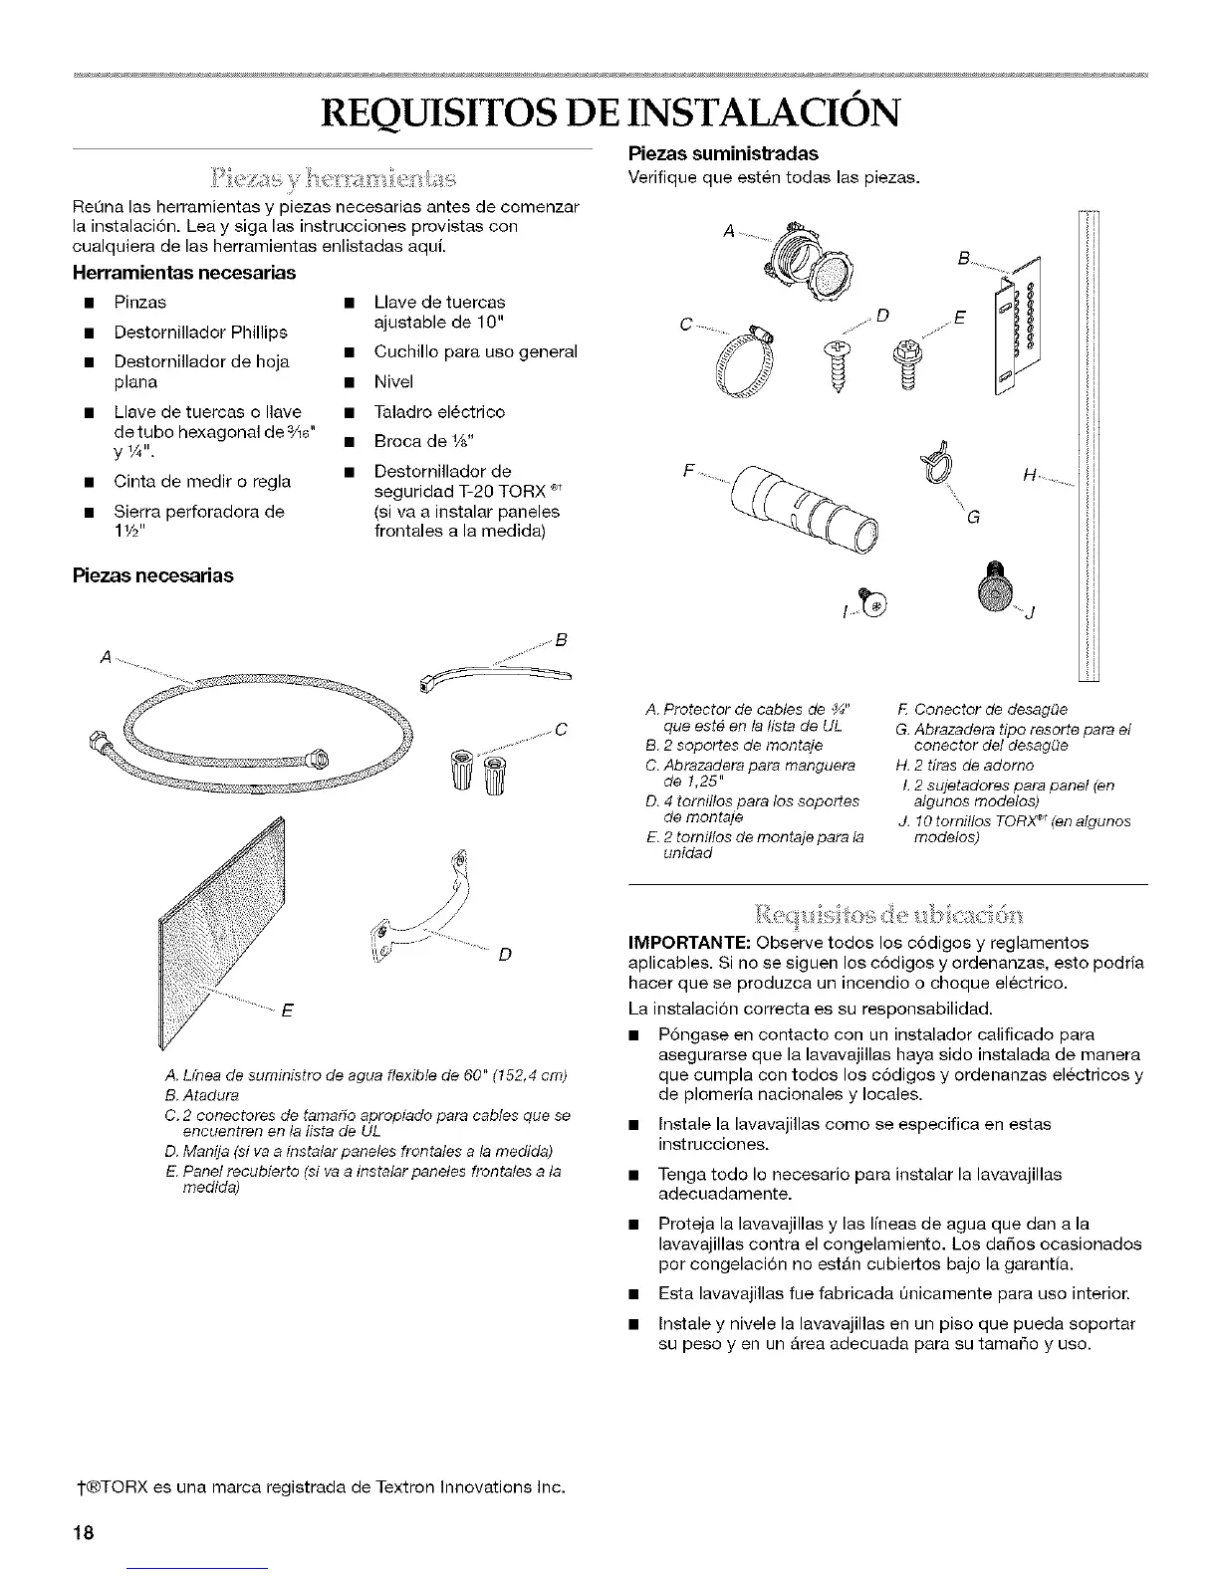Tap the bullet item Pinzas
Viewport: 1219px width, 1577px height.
[x=140, y=302]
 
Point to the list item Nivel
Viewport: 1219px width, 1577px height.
[x=393, y=381]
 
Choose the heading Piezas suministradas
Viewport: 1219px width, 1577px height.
[x=721, y=153]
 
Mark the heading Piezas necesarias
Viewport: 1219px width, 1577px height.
[x=150, y=575]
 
